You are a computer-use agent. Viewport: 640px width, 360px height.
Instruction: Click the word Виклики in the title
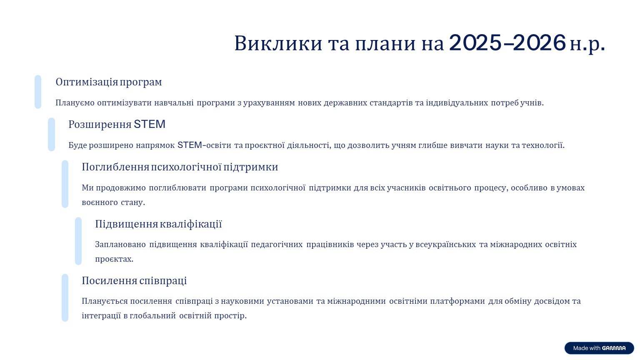click(x=278, y=43)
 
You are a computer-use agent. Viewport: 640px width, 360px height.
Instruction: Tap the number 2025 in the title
click(x=475, y=43)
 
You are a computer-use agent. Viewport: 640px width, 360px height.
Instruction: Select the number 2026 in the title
click(x=540, y=43)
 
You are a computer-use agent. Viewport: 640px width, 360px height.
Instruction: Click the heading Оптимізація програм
click(x=109, y=82)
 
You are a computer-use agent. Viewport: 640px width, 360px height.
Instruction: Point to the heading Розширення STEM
click(x=117, y=125)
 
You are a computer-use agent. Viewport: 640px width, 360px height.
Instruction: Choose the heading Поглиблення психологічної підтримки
click(x=180, y=167)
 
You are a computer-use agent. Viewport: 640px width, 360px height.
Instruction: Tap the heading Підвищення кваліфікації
click(x=158, y=224)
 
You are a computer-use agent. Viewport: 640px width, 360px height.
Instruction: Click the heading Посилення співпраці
click(x=134, y=281)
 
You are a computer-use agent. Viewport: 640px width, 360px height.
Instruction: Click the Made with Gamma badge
click(x=599, y=348)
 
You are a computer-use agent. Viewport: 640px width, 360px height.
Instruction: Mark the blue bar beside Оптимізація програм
click(x=38, y=92)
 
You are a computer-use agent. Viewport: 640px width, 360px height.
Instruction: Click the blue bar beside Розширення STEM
click(x=51, y=134)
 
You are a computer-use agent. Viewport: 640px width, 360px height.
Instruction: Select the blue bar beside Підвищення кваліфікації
click(x=78, y=241)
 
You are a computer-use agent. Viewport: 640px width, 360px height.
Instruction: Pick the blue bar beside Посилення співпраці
click(x=65, y=298)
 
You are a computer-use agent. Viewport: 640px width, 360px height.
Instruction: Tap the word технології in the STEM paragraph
click(x=543, y=145)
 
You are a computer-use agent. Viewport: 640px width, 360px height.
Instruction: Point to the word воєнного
click(x=100, y=202)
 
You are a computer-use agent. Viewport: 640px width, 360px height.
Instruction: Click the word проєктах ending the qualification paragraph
click(x=114, y=260)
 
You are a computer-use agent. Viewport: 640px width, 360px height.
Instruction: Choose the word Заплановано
click(x=120, y=245)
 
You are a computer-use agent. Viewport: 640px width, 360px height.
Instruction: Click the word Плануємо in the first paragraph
click(x=75, y=103)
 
